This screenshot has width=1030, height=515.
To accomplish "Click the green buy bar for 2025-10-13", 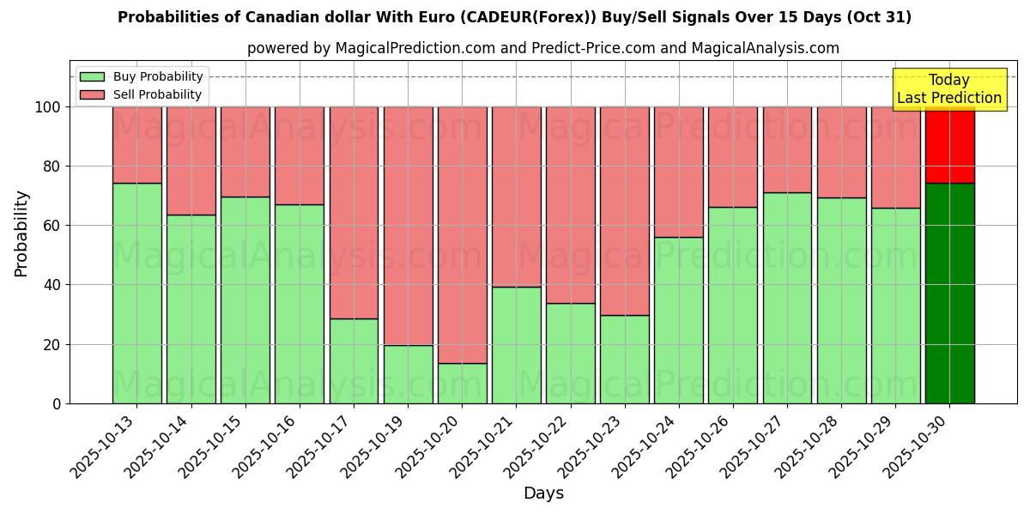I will click(x=136, y=293).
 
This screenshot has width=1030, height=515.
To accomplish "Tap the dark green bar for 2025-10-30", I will click(x=949, y=293).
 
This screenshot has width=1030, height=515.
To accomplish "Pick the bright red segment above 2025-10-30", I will click(x=949, y=146).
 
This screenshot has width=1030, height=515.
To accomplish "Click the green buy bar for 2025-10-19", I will click(x=408, y=374).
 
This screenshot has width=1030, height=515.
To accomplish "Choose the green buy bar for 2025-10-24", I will click(x=679, y=320).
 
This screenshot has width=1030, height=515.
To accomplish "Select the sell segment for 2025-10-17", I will click(x=354, y=212).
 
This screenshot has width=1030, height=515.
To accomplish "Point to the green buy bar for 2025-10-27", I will click(x=787, y=298).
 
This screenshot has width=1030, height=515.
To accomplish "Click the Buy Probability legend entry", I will click(x=158, y=76).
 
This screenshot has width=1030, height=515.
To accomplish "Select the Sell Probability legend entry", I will click(x=157, y=94).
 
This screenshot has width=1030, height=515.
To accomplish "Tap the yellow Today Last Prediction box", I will click(x=948, y=89).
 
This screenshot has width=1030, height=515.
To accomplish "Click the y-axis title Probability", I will click(x=21, y=233).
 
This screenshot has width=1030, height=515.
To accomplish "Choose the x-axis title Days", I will click(x=543, y=494).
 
